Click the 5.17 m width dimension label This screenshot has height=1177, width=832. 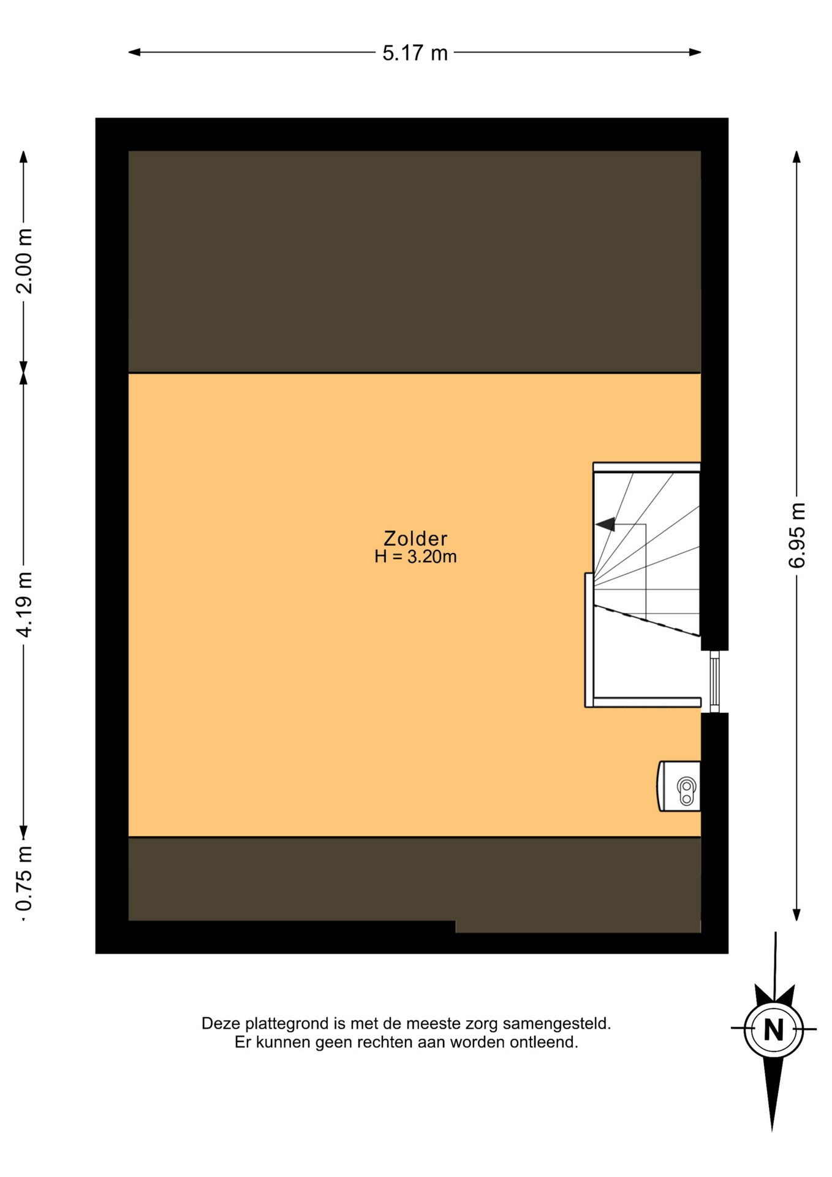(415, 53)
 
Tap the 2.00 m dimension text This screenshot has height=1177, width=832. (25, 261)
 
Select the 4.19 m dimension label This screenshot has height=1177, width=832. (25, 604)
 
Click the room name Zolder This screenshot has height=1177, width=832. (415, 538)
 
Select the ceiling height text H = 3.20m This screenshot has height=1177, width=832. (415, 557)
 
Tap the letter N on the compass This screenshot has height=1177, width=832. (774, 1030)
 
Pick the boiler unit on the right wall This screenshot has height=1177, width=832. (679, 787)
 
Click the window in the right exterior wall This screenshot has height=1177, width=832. (714, 681)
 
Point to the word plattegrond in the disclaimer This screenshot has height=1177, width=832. (286, 1024)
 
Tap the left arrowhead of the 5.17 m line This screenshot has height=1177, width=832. (134, 52)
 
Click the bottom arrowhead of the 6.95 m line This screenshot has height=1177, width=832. (796, 915)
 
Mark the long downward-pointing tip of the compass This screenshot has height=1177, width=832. (772, 1129)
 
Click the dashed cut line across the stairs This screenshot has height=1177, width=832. (646, 620)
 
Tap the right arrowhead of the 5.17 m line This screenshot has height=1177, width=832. (695, 52)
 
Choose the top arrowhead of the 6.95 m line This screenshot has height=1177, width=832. (796, 157)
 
